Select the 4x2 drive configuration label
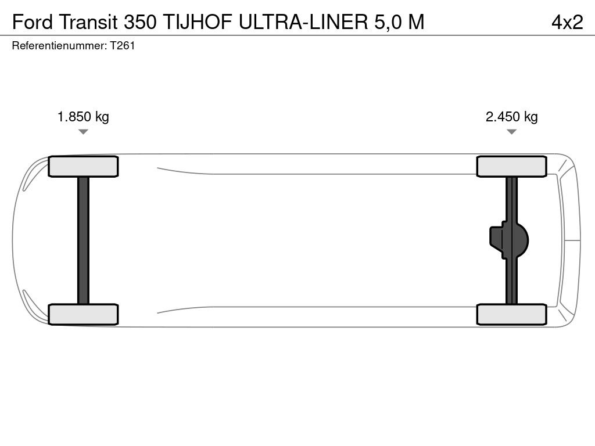point(567,22)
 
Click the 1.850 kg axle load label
point(83,117)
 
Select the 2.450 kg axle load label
point(511,117)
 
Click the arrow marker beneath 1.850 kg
point(83,132)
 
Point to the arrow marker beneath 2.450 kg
point(511,132)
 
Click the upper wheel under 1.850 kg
point(83,167)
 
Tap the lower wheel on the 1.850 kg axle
point(83,314)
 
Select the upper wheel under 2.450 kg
point(511,167)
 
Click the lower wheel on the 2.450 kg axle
point(511,314)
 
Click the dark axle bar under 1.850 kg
point(83,240)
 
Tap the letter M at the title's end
point(416,22)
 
